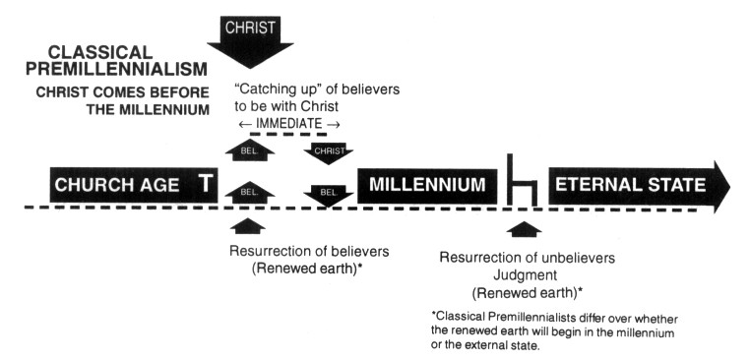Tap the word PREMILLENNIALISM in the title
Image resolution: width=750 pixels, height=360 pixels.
[x=117, y=69]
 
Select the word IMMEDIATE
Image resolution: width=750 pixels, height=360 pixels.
[x=289, y=123]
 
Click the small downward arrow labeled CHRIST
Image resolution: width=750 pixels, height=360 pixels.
[x=329, y=153]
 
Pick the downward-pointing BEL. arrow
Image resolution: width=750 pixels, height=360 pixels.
[x=329, y=195]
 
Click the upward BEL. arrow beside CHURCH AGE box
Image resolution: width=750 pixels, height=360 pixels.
[x=250, y=193]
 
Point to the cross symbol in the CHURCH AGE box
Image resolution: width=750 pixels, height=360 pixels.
[x=206, y=184]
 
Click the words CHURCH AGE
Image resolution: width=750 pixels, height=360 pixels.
[x=117, y=185]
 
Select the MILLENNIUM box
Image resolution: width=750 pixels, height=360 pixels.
[x=427, y=186]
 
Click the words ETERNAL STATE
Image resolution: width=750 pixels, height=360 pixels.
[x=631, y=185]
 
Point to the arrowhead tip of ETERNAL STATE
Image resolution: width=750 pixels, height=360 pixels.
[x=730, y=187]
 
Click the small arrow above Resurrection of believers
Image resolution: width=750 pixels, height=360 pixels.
[x=247, y=226]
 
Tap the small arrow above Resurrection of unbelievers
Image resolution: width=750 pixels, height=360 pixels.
[x=524, y=229]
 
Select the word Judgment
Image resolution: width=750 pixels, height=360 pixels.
[x=526, y=275]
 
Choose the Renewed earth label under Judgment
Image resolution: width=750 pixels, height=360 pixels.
[x=528, y=292]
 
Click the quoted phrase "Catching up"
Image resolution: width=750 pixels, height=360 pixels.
[x=271, y=90]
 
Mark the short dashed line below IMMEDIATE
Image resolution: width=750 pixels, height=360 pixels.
[x=288, y=135]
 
